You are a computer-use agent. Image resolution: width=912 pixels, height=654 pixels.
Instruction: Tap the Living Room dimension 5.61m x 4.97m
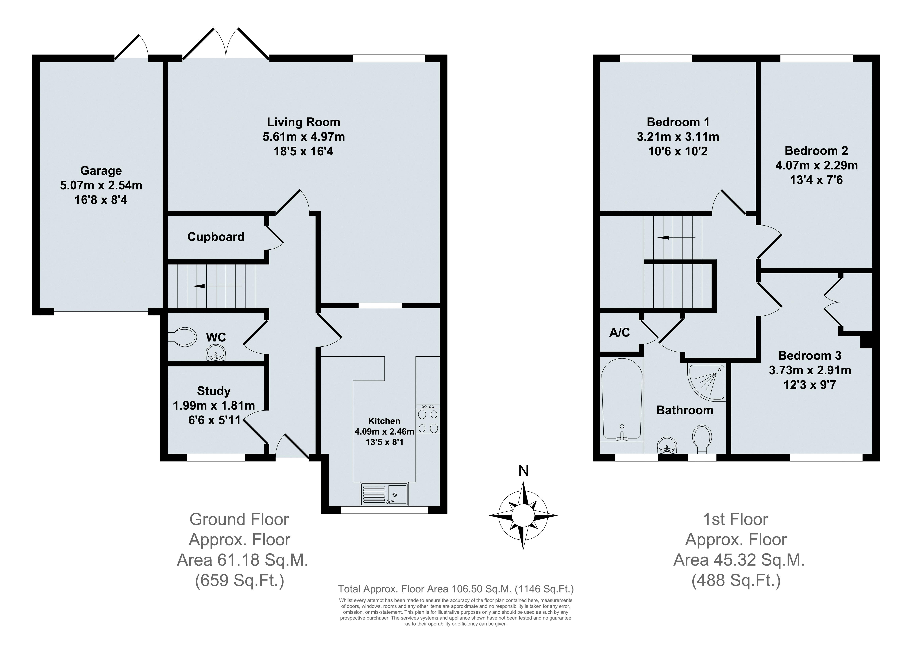point(304,137)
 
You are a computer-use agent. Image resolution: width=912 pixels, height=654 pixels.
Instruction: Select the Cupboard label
point(216,237)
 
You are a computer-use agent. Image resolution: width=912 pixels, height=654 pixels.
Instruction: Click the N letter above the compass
point(523,470)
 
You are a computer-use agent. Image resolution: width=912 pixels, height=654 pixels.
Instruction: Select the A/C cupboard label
point(620,332)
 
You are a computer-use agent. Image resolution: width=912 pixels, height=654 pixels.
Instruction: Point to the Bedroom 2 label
point(816,151)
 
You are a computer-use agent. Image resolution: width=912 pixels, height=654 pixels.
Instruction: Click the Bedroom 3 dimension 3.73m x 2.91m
point(810,370)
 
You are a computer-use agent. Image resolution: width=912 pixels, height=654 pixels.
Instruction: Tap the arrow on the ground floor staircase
point(217,286)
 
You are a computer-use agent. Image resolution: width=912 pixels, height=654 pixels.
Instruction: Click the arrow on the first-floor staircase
point(676,238)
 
